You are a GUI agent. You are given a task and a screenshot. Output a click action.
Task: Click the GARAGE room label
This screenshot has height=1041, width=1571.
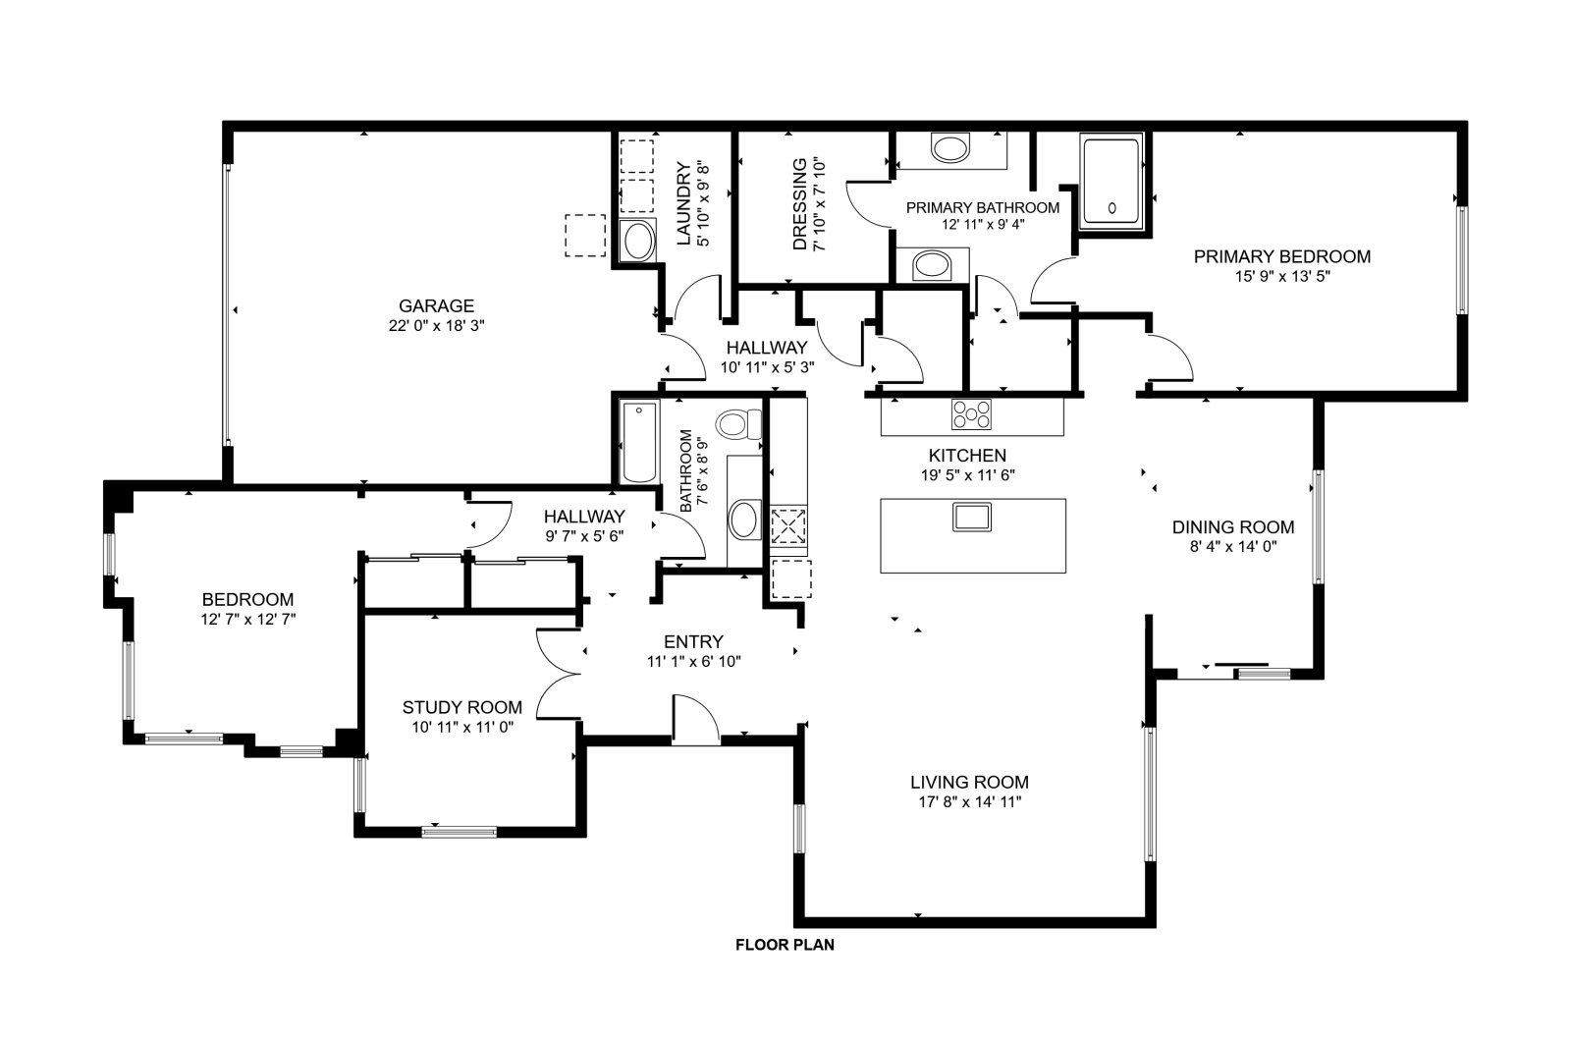(436, 305)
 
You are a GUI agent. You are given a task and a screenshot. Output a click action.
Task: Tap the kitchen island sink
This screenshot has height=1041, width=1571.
(971, 517)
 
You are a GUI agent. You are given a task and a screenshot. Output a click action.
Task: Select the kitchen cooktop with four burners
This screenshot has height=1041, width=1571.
(971, 413)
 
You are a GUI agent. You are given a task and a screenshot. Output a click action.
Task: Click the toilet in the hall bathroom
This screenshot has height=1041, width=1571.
(738, 424)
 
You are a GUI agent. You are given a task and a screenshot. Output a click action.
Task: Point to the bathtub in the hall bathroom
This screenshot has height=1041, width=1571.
(639, 442)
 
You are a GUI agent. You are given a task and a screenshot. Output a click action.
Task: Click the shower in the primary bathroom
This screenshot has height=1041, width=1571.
(1111, 181)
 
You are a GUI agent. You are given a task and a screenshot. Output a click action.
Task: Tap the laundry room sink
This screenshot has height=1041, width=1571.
(638, 241)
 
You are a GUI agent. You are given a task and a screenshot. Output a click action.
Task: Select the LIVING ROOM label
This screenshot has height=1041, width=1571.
(969, 782)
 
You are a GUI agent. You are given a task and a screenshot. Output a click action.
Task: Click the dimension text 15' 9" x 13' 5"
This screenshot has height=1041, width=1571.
(1282, 276)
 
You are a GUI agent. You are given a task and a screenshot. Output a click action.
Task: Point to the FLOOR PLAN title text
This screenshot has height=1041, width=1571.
(785, 945)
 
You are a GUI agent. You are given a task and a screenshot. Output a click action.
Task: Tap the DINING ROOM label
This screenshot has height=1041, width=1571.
(1233, 527)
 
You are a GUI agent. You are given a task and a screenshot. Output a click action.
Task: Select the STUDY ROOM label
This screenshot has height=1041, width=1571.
(462, 707)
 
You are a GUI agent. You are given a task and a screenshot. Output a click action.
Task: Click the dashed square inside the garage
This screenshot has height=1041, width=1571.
(585, 236)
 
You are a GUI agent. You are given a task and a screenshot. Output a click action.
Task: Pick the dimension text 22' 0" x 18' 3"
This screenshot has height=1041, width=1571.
(436, 325)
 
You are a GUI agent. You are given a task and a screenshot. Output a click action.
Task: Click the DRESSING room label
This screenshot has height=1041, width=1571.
(799, 204)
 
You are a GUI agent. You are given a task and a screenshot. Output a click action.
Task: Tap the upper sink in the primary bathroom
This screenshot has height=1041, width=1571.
(950, 148)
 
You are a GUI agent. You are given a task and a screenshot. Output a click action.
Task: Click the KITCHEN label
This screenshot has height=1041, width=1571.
(967, 456)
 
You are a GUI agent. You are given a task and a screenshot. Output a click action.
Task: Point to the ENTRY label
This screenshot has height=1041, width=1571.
(693, 642)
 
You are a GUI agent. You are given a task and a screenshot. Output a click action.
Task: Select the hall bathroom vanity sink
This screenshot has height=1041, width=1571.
(745, 520)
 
